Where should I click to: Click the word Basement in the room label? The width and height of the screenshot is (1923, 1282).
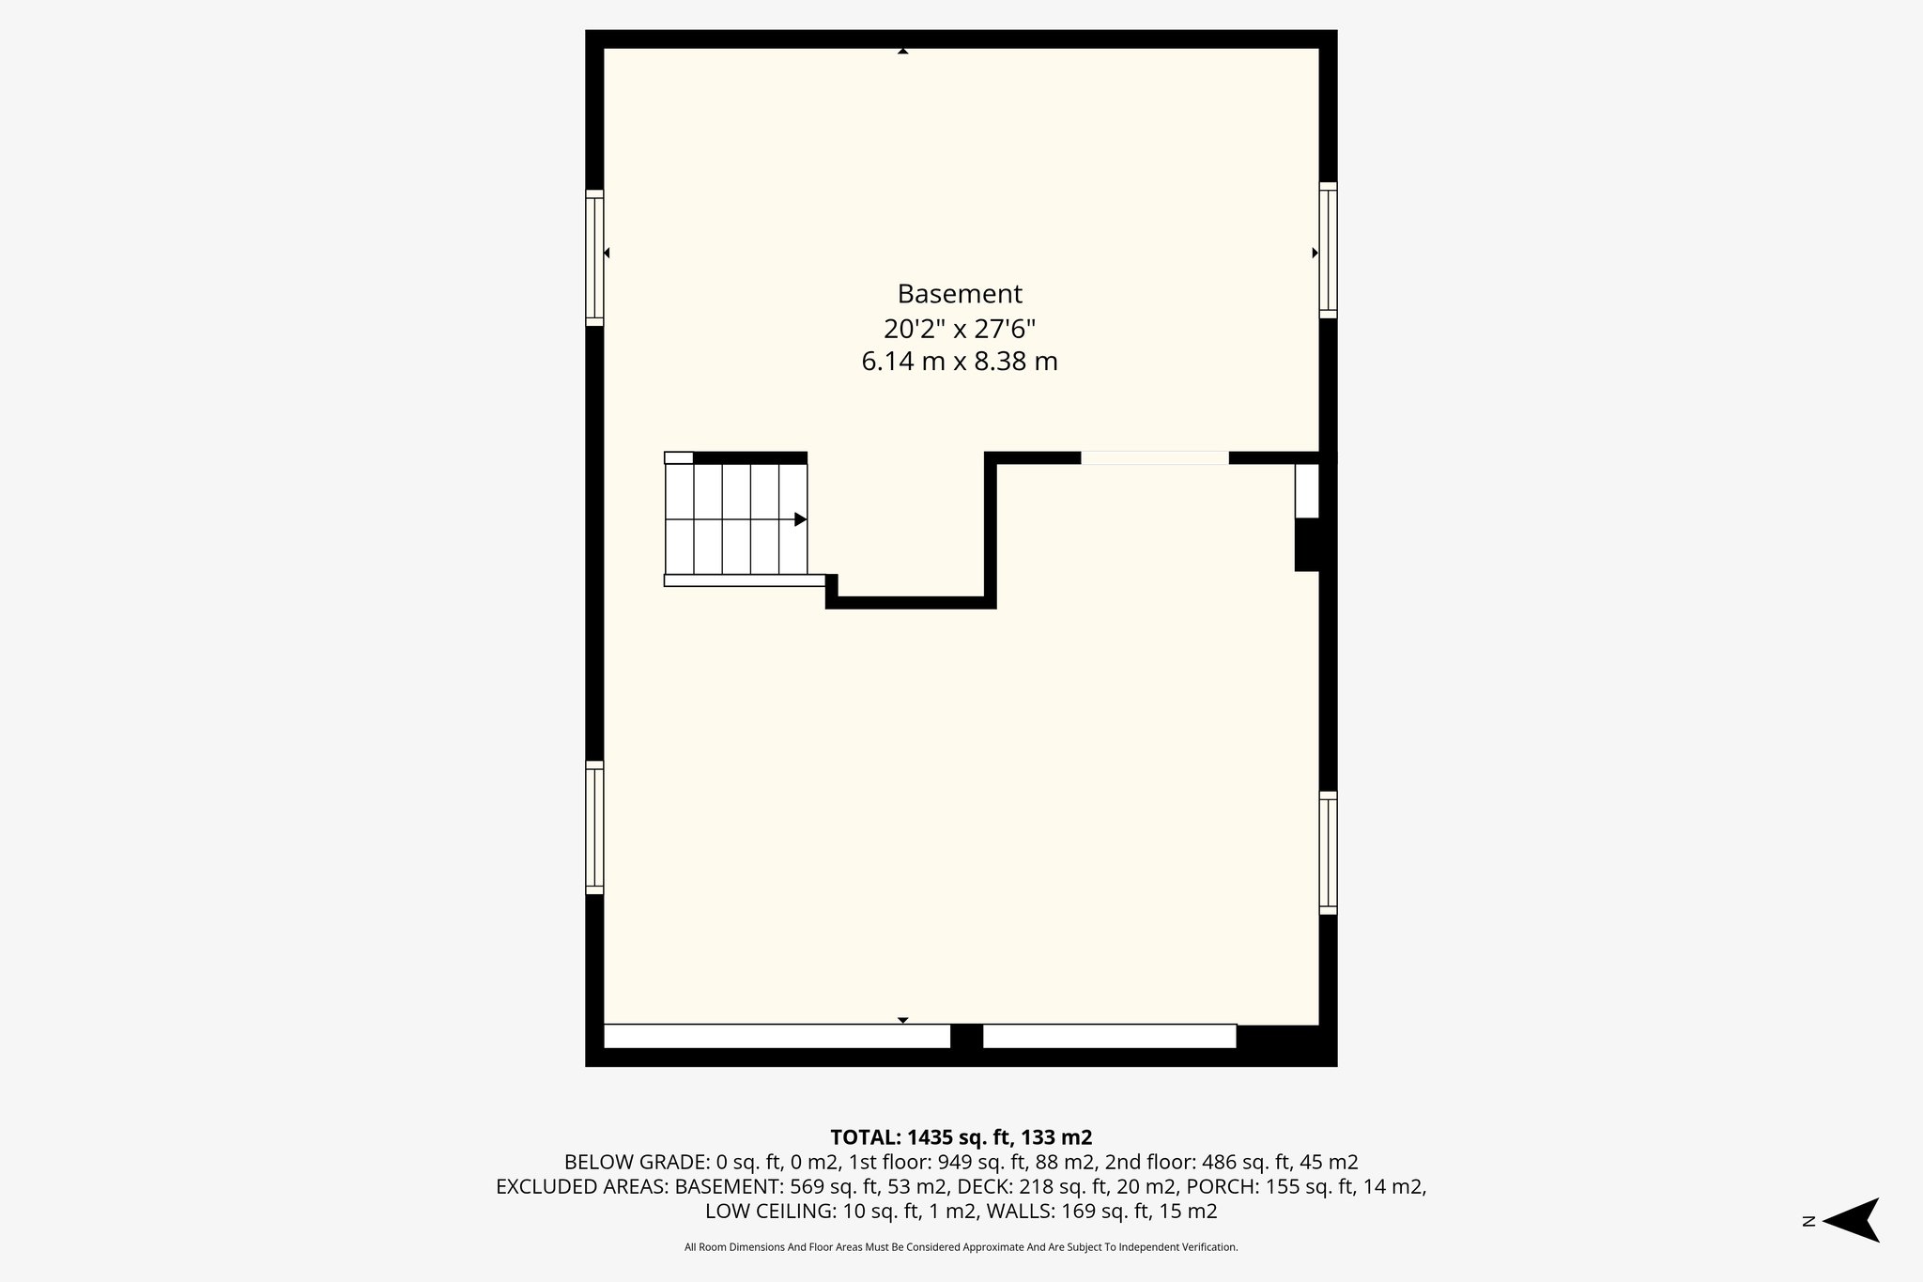959,294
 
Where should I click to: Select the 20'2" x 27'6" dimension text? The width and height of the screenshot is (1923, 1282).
959,329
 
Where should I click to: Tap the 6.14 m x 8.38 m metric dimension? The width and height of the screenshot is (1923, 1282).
959,362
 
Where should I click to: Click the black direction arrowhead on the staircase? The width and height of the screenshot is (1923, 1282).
800,519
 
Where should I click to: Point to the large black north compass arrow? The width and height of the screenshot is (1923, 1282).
1852,1220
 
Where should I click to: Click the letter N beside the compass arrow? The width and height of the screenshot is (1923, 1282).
1808,1221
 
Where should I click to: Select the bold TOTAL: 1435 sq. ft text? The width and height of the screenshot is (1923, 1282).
961,1137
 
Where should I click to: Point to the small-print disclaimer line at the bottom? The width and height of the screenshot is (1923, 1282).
961,1247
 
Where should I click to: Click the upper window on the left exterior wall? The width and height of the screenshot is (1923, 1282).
594,257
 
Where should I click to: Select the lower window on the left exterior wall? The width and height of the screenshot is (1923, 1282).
594,826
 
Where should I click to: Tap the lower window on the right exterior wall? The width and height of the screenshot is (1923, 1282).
1328,853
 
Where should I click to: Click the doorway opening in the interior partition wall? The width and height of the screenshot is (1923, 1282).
1154,458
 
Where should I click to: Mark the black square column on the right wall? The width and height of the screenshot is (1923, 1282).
1308,545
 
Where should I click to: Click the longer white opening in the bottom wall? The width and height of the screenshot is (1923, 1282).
776,1036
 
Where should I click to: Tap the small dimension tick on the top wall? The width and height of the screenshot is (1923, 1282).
902,52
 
